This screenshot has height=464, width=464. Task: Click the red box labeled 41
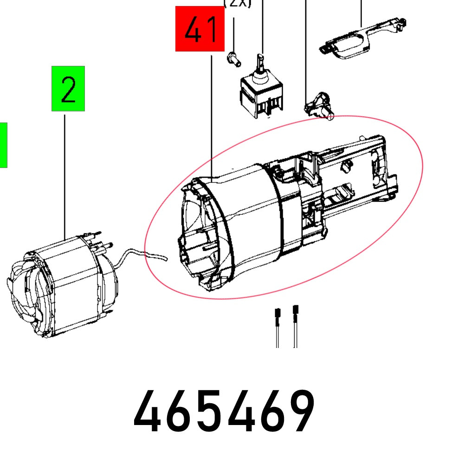point(200,29)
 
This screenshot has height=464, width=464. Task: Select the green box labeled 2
point(68,89)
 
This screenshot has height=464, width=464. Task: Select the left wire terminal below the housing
point(277,325)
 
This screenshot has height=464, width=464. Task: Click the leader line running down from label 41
point(211,116)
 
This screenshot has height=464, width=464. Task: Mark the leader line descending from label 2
point(64,176)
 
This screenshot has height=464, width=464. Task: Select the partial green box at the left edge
point(3,145)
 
